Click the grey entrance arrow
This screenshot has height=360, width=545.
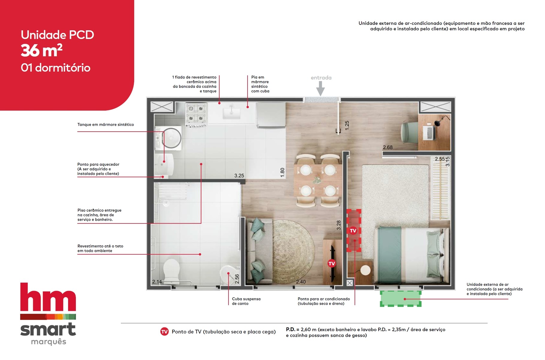pyautogui.click(x=320, y=88)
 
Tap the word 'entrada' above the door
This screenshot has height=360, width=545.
pyautogui.click(x=321, y=78)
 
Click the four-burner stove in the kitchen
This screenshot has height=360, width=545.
pyautogui.click(x=196, y=114)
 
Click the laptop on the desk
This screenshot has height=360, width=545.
pyautogui.click(x=429, y=133)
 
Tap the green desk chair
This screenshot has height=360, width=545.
pyautogui.click(x=409, y=132)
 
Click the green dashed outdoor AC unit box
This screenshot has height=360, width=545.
pyautogui.click(x=401, y=299)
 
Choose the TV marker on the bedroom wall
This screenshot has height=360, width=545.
pyautogui.click(x=353, y=231)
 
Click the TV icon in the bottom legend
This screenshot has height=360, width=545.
pyautogui.click(x=164, y=331)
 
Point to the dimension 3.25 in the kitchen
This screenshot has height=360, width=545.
pyautogui.click(x=239, y=176)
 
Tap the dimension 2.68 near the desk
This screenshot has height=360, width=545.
pyautogui.click(x=388, y=147)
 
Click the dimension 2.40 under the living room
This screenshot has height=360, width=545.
pyautogui.click(x=301, y=282)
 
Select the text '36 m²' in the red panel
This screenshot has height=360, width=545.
pyautogui.click(x=42, y=50)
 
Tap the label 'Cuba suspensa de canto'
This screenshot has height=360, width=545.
pyautogui.click(x=246, y=301)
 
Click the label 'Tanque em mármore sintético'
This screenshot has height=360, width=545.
pyautogui.click(x=106, y=124)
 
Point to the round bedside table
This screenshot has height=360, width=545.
pyautogui.click(x=365, y=270)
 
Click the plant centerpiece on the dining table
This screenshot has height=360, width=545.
pyautogui.click(x=317, y=180)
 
